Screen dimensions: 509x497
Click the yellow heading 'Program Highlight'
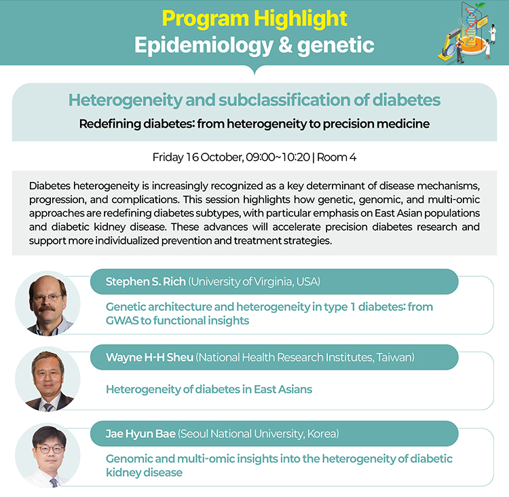pos(254,19)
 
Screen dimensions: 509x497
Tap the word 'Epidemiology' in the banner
pos(204,45)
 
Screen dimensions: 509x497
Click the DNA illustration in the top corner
pos(468,33)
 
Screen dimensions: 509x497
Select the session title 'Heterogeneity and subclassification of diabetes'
pos(254,100)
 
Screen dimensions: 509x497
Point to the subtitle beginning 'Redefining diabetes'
pos(254,124)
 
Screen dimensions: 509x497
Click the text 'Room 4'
pos(337,158)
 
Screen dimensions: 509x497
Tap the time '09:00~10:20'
pos(278,158)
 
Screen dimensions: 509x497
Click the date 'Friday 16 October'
pos(197,158)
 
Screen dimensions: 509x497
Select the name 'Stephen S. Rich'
pos(146,282)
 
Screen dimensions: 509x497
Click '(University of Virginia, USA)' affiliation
pos(254,282)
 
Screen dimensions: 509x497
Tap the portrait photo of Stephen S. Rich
pos(48,303)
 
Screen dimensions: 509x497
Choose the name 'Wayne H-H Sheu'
pos(150,357)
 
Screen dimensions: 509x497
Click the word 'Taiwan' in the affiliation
pos(394,357)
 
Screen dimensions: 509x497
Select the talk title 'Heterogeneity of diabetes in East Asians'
pos(209,389)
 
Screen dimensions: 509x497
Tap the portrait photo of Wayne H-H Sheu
pos(48,379)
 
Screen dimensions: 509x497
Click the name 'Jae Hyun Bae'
pos(140,434)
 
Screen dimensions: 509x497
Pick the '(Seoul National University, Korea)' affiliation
pos(259,434)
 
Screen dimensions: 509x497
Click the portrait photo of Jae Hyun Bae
pos(48,455)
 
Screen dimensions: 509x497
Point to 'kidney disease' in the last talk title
pos(144,473)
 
